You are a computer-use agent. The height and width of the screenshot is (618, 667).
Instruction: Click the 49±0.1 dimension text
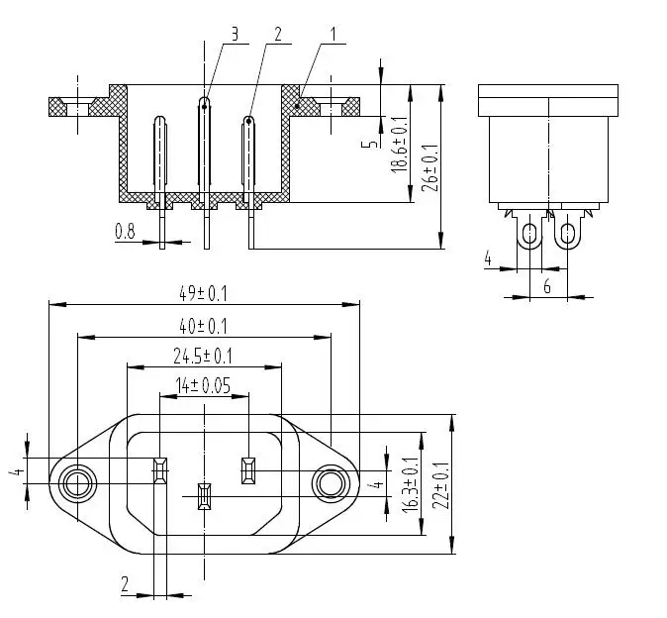pos(203,294)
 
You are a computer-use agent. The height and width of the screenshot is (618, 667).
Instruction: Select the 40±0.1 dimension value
pos(203,327)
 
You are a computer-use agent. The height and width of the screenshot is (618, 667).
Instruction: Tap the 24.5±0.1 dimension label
pos(203,357)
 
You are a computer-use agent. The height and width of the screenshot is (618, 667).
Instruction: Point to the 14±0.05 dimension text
pos(203,385)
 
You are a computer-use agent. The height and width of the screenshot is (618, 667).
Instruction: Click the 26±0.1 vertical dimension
pos(430,168)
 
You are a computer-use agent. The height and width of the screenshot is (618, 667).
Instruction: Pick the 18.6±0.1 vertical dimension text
pos(399,144)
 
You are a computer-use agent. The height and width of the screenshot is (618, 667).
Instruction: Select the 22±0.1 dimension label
pos(440,485)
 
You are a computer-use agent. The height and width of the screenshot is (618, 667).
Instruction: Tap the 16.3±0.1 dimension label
pos(410,485)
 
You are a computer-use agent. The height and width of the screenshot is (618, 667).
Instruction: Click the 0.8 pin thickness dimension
pos(125,232)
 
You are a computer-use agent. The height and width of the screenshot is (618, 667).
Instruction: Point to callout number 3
pos(235,35)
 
